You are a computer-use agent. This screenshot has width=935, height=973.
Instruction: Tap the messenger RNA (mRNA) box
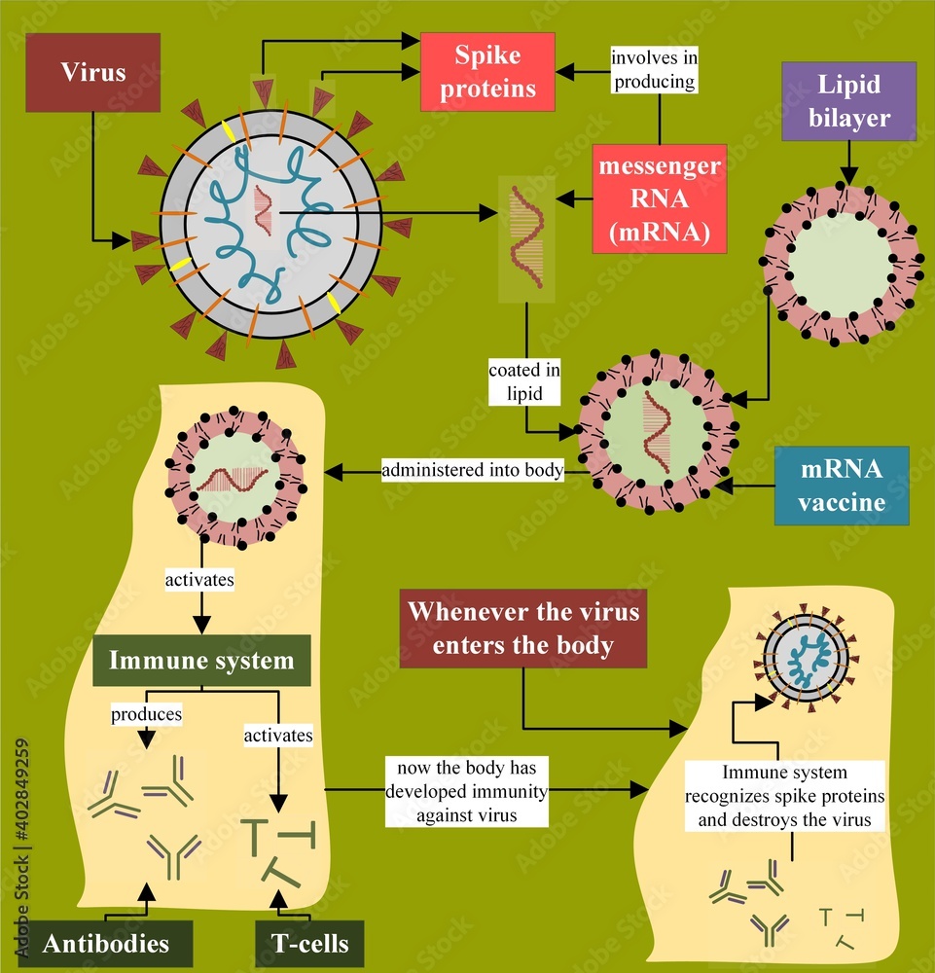[x=660, y=199]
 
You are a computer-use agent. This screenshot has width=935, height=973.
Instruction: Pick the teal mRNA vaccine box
[x=842, y=485]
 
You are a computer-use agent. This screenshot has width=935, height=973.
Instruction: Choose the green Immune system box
[x=201, y=662]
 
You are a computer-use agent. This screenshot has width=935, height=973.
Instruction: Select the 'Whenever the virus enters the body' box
[x=523, y=628]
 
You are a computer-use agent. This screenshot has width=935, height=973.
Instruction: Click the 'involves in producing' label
[x=654, y=69]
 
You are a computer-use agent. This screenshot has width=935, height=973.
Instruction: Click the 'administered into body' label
[x=473, y=471]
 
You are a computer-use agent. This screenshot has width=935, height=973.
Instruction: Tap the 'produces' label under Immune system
[x=146, y=714]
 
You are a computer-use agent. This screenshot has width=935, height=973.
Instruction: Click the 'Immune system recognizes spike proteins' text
[x=784, y=797]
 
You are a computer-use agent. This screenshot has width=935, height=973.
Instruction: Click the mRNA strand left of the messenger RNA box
[x=526, y=238]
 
